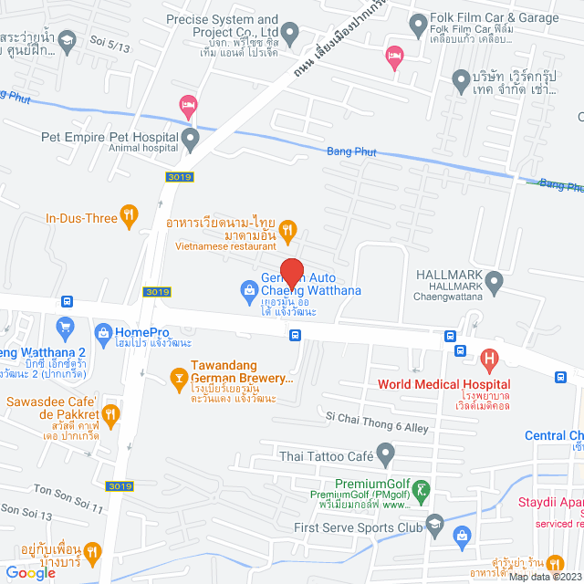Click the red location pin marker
click(x=291, y=273)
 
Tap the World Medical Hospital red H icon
click(x=490, y=359)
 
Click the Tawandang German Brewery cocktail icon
click(x=180, y=374)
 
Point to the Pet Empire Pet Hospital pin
click(x=191, y=140)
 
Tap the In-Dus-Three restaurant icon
click(x=130, y=217)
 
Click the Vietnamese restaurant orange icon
click(x=287, y=230)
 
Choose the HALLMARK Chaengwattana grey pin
click(x=495, y=284)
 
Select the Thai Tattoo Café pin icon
click(x=386, y=452)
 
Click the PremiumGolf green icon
click(x=422, y=491)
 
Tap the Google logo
click(x=30, y=572)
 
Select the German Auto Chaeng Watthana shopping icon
click(x=247, y=290)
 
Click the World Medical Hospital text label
click(x=438, y=385)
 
